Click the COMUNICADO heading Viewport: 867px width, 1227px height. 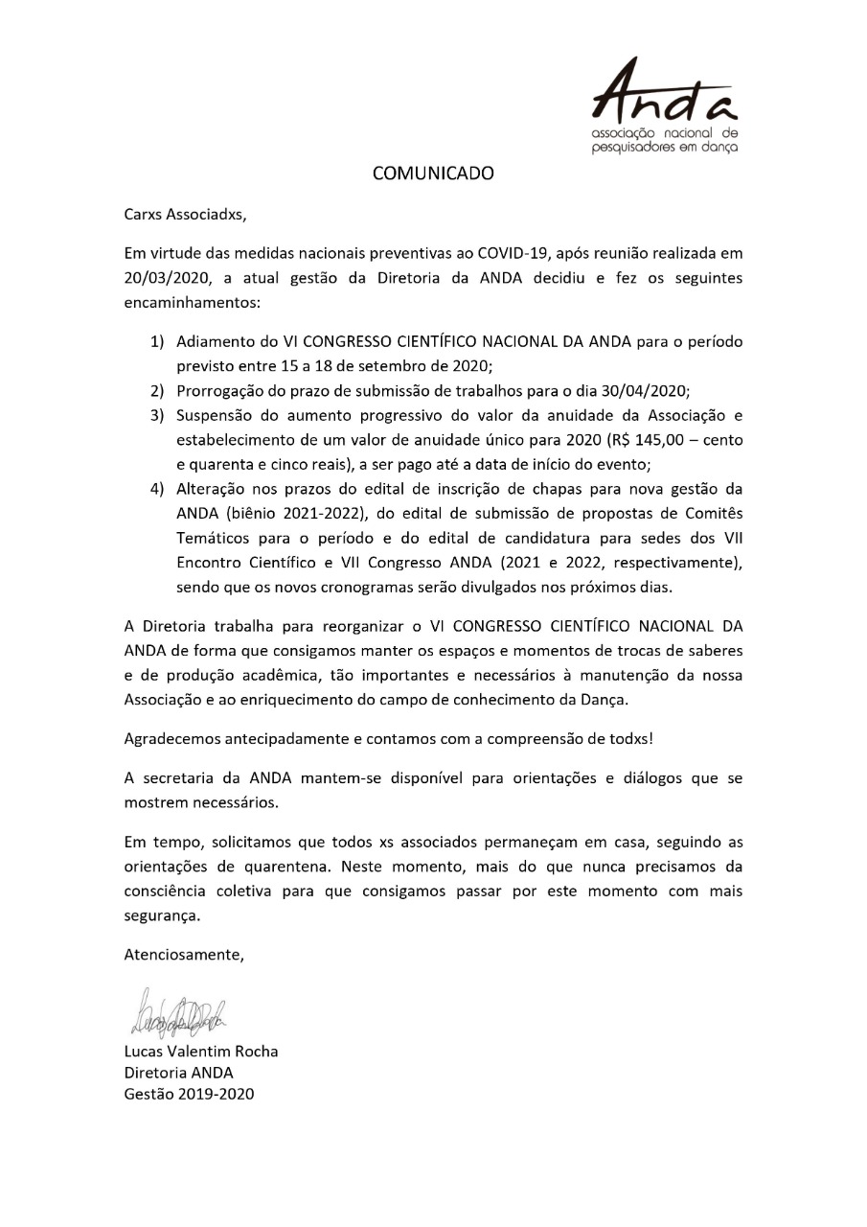point(433,174)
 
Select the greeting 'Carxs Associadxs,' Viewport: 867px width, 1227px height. point(185,215)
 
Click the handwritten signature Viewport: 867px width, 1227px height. point(178,1012)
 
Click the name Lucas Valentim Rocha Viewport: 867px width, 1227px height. point(201,1051)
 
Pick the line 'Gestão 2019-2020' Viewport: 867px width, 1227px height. point(190,1094)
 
